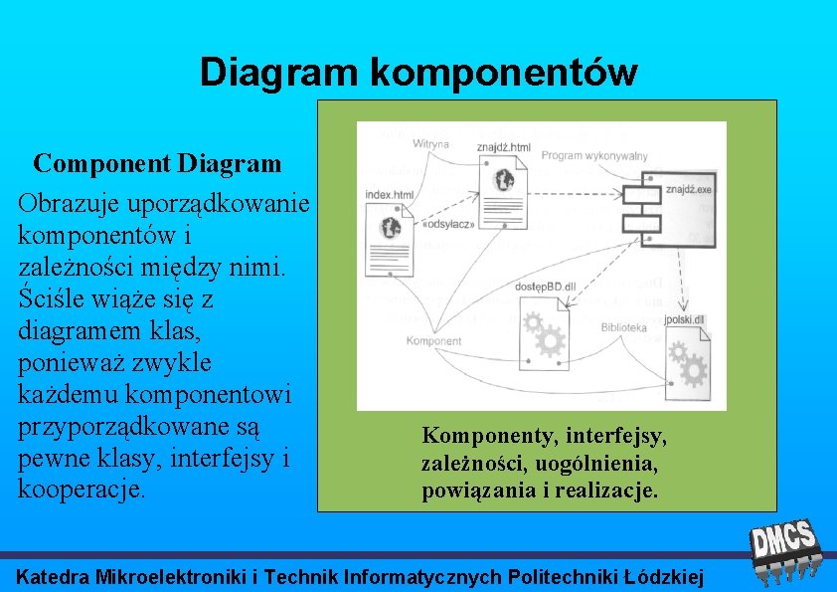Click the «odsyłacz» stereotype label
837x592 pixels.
[x=448, y=224]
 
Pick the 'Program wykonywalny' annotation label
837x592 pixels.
[x=595, y=155]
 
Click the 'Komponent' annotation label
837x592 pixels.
[x=432, y=341]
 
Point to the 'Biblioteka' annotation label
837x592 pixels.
[x=623, y=326]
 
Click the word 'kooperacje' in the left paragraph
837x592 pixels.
[x=80, y=489]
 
